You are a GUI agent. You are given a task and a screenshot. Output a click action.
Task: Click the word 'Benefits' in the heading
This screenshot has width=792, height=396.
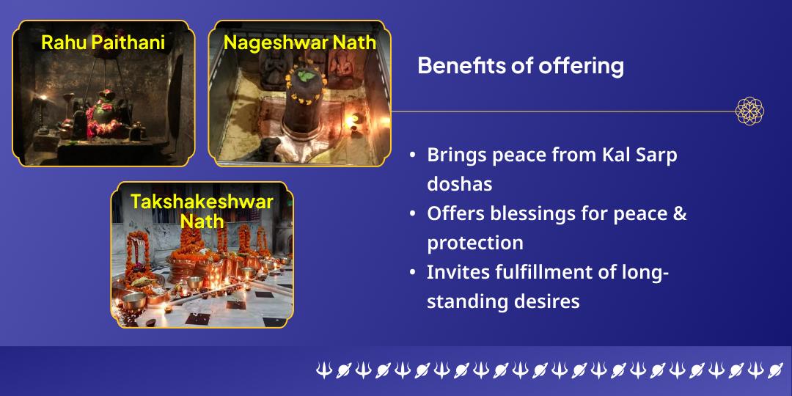pyautogui.click(x=452, y=66)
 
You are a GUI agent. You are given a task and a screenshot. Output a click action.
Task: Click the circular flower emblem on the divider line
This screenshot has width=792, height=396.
pyautogui.click(x=749, y=111)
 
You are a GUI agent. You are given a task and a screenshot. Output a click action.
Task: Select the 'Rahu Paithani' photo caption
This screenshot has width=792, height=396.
pyautogui.click(x=103, y=42)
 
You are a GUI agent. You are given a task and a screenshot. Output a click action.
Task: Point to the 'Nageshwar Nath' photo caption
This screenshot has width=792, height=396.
pyautogui.click(x=299, y=42)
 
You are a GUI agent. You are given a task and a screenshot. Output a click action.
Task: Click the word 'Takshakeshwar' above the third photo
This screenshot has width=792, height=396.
pyautogui.click(x=202, y=202)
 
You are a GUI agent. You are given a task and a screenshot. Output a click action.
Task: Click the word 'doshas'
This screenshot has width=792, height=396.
pyautogui.click(x=460, y=183)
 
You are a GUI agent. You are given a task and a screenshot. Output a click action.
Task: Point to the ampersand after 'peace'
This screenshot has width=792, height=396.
pyautogui.click(x=679, y=213)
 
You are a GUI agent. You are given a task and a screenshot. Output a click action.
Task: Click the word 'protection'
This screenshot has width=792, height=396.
pyautogui.click(x=475, y=242)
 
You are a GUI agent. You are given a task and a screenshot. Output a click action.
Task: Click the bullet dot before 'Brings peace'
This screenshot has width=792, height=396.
pyautogui.click(x=413, y=156)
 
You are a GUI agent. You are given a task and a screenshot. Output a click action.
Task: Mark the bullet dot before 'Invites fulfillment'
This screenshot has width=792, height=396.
pyautogui.click(x=413, y=273)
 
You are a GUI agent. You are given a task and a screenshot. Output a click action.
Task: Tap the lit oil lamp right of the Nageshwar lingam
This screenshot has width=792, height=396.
pyautogui.click(x=358, y=117)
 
